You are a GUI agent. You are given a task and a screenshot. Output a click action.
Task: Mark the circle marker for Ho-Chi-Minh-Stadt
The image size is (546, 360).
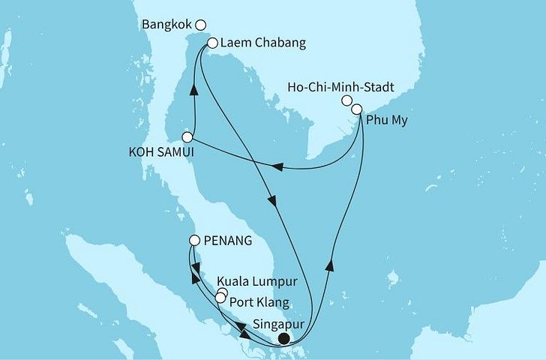coord(346,100)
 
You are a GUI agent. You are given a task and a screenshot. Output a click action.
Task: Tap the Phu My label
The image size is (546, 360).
coord(387,119)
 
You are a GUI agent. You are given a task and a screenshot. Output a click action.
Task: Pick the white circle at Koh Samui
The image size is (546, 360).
coord(187,138)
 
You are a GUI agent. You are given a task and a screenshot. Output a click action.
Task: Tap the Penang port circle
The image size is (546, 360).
coord(194,241)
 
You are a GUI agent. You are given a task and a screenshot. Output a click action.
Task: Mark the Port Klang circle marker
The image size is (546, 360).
coord(220,298)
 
